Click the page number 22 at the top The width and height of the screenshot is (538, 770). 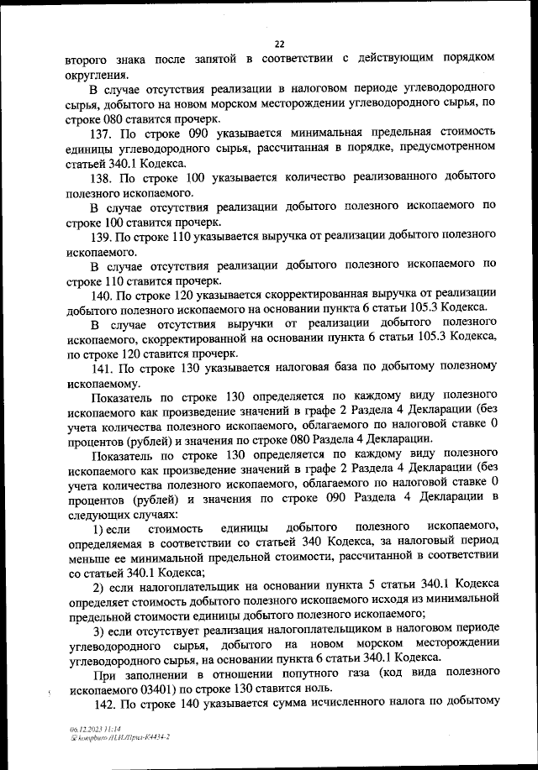280,44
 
